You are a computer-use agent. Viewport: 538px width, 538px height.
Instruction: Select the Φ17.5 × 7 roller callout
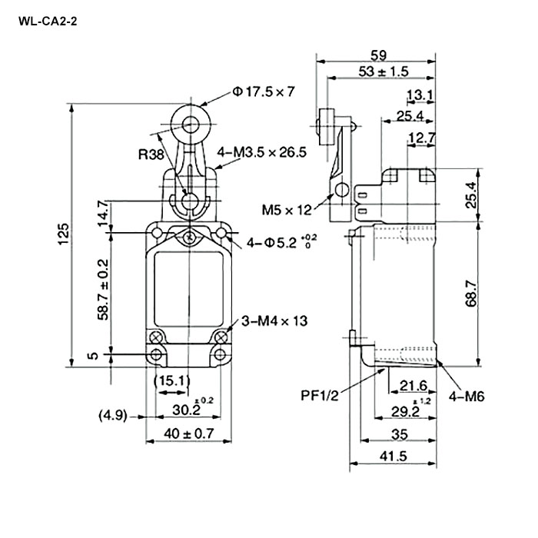264,92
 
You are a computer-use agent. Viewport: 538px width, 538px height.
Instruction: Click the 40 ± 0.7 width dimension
190,434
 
